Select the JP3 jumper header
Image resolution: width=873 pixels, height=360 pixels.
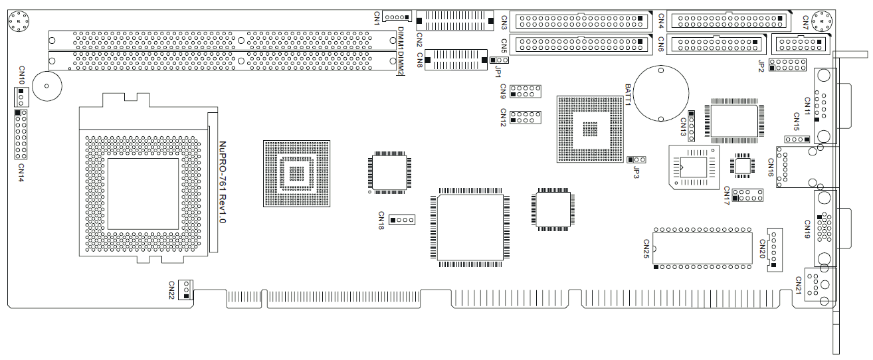(x=637, y=160)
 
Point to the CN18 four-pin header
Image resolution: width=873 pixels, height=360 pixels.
(x=402, y=219)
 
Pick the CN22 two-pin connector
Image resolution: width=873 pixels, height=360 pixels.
(x=186, y=290)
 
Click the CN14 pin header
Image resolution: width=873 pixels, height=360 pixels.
(x=21, y=135)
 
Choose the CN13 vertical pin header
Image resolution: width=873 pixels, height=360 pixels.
(x=691, y=126)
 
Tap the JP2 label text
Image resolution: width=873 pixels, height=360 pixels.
(x=761, y=64)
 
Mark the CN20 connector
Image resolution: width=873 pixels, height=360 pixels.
(x=775, y=249)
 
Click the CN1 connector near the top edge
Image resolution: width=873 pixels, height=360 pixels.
(x=396, y=17)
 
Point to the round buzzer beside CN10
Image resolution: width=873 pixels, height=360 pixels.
(x=46, y=87)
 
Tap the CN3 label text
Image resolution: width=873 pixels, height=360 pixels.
(x=504, y=22)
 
